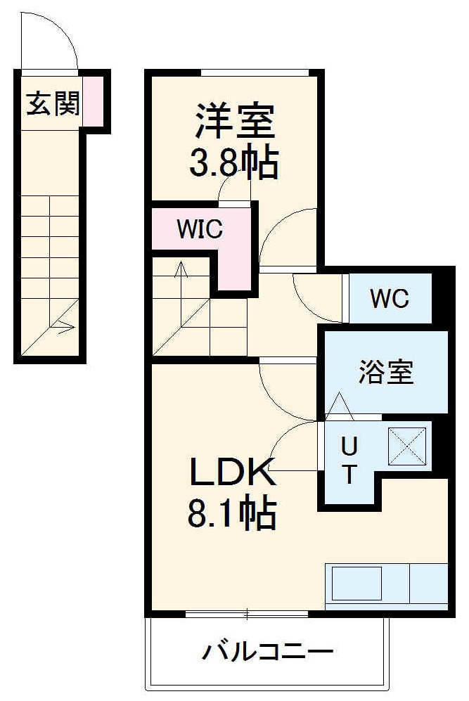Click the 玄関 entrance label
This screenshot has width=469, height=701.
(x=52, y=105)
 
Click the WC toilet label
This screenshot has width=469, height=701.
(x=390, y=299)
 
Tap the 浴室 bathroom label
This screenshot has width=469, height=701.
(x=385, y=372)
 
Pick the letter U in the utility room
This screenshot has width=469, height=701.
(x=349, y=446)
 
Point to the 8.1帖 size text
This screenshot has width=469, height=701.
(x=231, y=514)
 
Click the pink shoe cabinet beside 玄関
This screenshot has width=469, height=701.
(x=94, y=100)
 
